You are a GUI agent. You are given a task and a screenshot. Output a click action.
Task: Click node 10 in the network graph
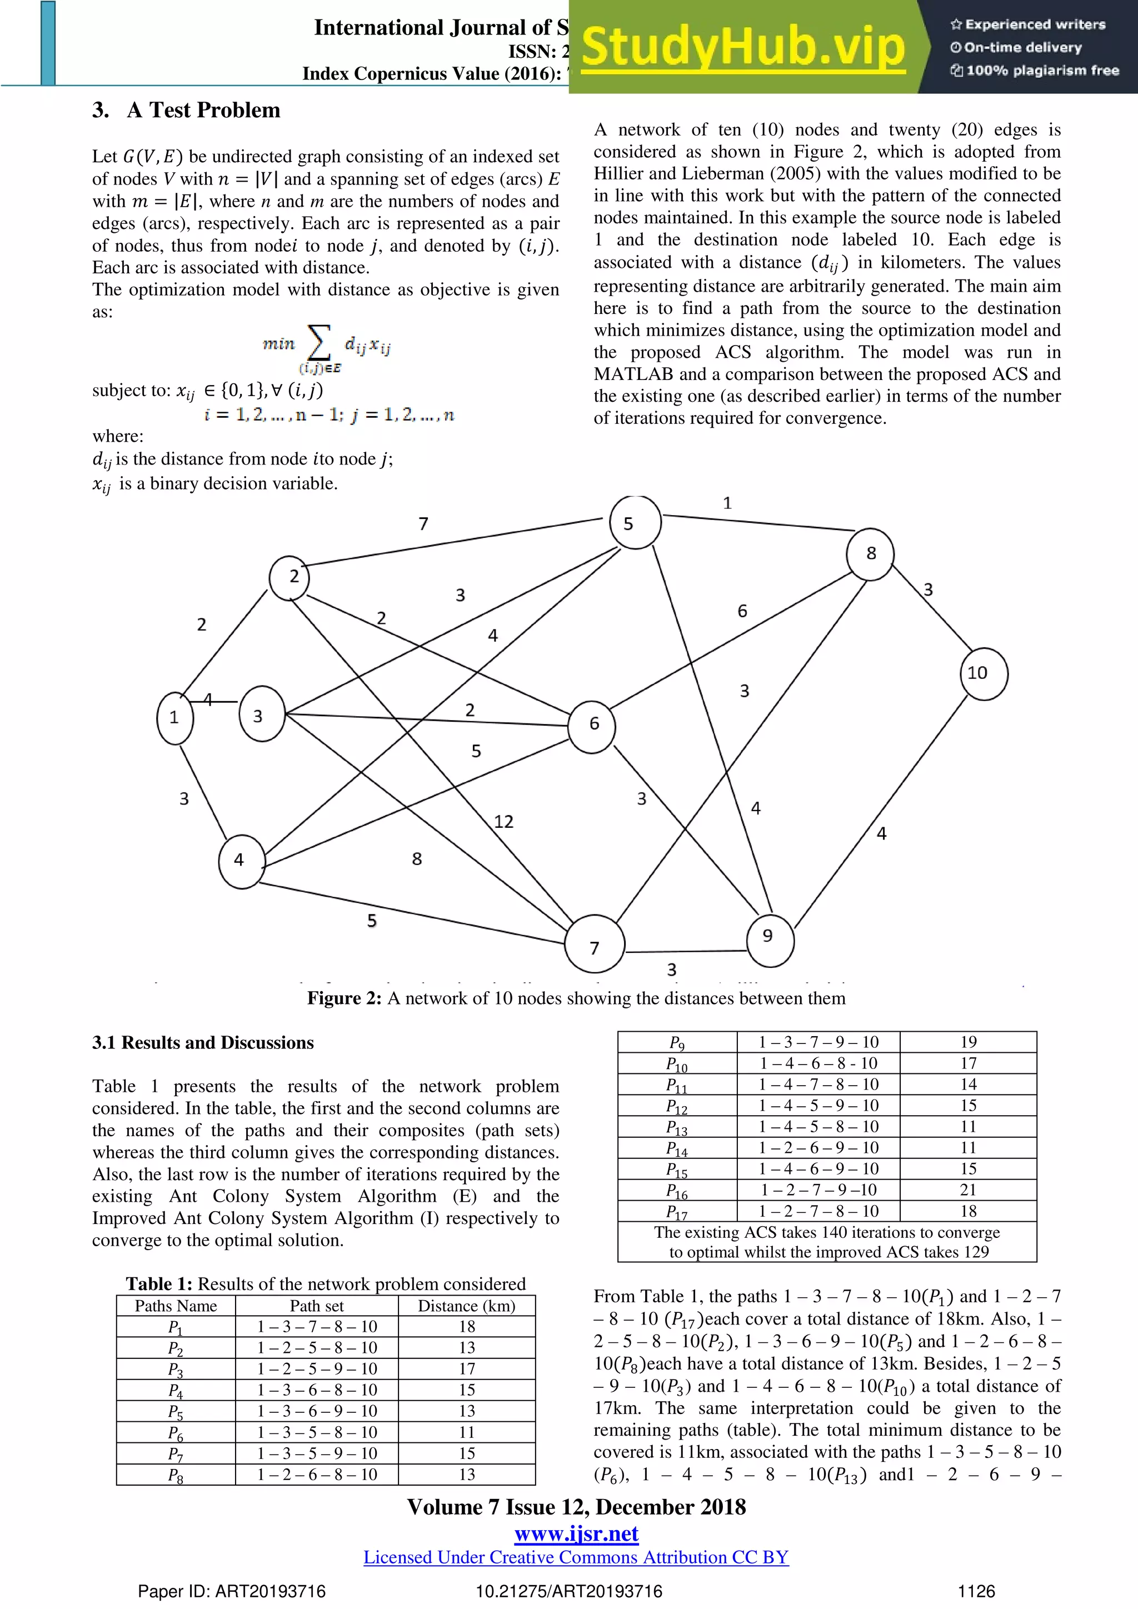(x=983, y=673)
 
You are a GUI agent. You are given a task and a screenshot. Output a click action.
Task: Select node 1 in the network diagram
(x=174, y=718)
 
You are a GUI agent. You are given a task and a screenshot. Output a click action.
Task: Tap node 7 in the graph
(x=594, y=944)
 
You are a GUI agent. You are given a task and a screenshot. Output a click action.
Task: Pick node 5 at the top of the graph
(x=635, y=523)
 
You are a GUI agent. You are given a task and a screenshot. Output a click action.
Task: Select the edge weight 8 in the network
(x=417, y=858)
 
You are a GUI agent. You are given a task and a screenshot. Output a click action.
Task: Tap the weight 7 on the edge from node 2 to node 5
(x=423, y=523)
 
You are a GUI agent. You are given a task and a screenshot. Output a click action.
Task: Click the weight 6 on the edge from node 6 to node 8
(x=742, y=611)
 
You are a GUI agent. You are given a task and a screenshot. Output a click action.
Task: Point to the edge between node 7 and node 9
(x=687, y=951)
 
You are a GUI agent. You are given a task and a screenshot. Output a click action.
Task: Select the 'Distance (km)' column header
(x=466, y=1306)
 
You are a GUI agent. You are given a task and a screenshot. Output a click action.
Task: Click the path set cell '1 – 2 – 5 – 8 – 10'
(x=317, y=1348)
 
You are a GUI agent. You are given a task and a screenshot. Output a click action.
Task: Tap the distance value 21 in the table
(x=968, y=1190)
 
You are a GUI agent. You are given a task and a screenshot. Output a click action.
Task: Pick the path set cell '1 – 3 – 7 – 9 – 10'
(x=818, y=1042)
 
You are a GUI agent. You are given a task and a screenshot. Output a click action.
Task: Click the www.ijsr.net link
(x=576, y=1534)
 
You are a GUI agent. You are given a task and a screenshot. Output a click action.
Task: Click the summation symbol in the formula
(x=319, y=343)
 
